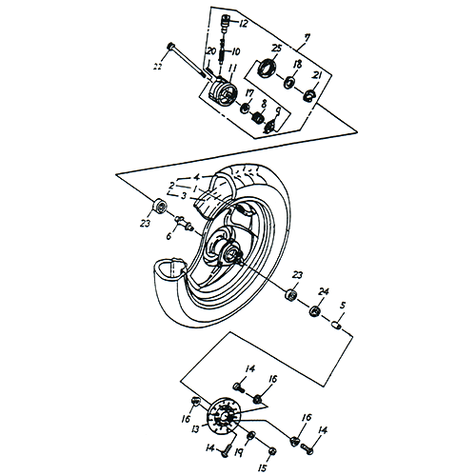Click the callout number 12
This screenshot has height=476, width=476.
[243, 22]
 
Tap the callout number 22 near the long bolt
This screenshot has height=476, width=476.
[158, 65]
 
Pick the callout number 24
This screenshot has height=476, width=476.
[324, 291]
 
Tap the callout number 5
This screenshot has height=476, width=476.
[343, 307]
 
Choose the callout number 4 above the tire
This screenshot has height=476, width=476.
[196, 178]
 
